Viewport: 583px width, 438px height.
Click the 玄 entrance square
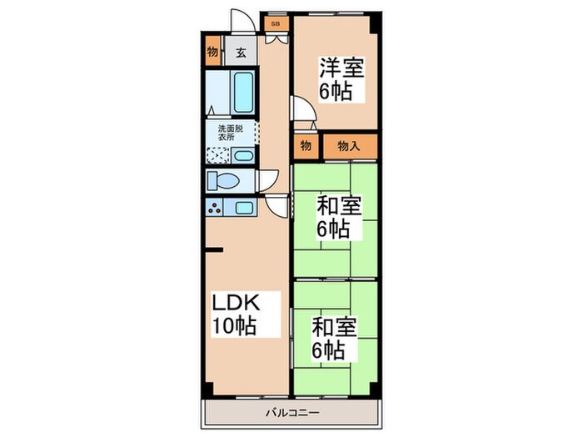coord(240,53)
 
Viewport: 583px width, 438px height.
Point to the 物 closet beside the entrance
coord(213,53)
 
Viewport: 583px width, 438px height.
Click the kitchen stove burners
coord(216,208)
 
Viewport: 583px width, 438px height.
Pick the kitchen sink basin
coord(244,208)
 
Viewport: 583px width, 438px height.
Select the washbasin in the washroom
coord(242,155)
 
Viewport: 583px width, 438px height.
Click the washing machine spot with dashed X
coord(218,155)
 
